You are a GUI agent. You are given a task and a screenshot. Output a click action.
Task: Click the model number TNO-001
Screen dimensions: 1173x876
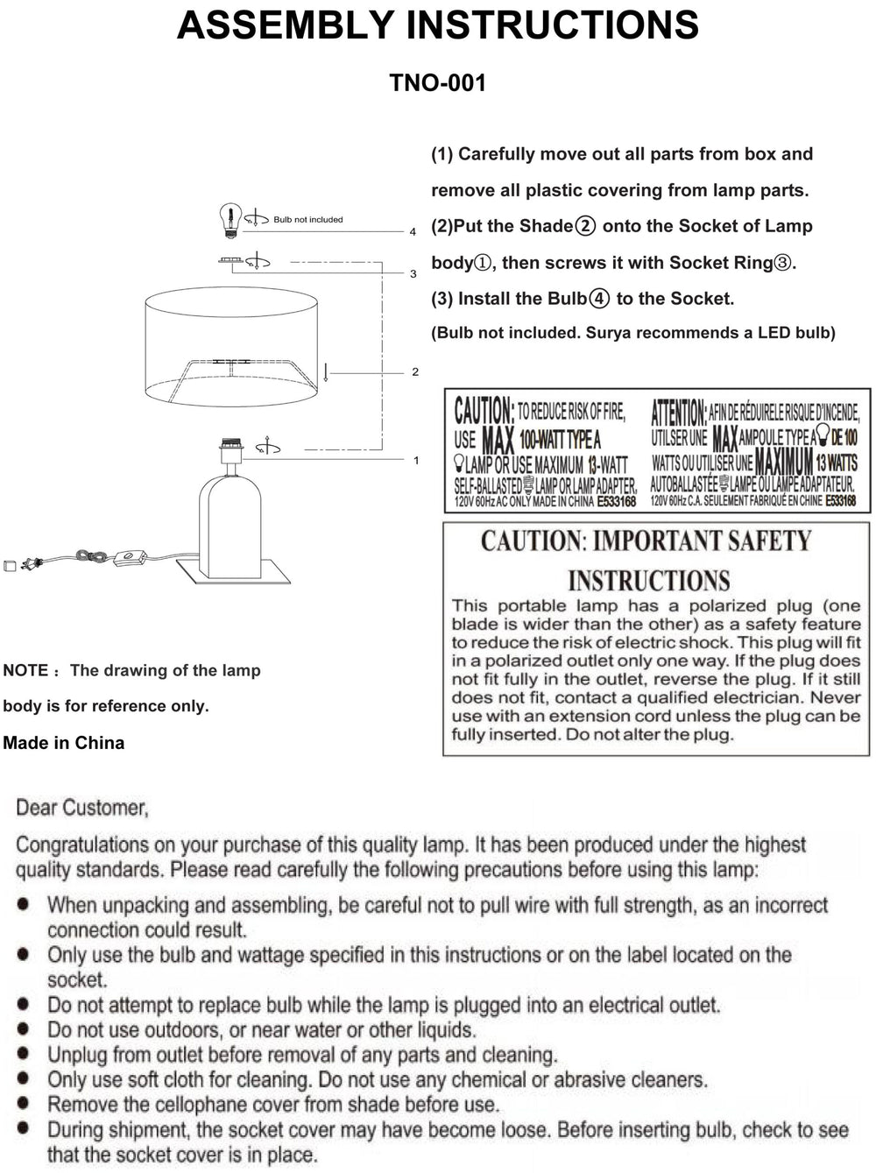tap(437, 83)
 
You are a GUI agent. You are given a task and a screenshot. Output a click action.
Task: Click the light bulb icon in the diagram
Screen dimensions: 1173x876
tap(230, 220)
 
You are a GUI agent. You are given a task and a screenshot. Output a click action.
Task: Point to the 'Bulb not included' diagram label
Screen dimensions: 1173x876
tap(307, 220)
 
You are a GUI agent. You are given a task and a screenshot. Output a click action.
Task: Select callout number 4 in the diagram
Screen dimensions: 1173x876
tap(413, 232)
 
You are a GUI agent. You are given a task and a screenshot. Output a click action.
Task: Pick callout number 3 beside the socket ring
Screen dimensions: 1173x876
tap(413, 274)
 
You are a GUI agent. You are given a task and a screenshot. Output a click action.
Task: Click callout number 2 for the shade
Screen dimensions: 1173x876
tap(415, 372)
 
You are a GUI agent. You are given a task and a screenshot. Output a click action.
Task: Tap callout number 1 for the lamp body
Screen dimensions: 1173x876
tap(416, 461)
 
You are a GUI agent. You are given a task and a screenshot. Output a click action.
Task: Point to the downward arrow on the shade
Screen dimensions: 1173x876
tap(325, 371)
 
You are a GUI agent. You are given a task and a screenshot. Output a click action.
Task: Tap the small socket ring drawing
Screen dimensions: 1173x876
tap(230, 260)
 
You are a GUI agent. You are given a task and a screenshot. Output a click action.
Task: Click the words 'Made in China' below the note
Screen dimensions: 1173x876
tap(64, 743)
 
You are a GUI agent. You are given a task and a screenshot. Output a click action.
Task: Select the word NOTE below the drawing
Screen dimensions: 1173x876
tap(25, 671)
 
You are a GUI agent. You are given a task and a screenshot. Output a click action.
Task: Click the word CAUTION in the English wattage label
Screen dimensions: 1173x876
tap(484, 411)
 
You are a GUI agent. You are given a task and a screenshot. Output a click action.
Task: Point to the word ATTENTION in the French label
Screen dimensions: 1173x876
tap(678, 412)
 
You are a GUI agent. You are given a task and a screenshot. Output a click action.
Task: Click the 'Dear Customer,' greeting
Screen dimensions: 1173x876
tap(82, 808)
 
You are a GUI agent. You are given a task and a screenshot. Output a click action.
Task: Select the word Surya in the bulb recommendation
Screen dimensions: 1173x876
tap(609, 333)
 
